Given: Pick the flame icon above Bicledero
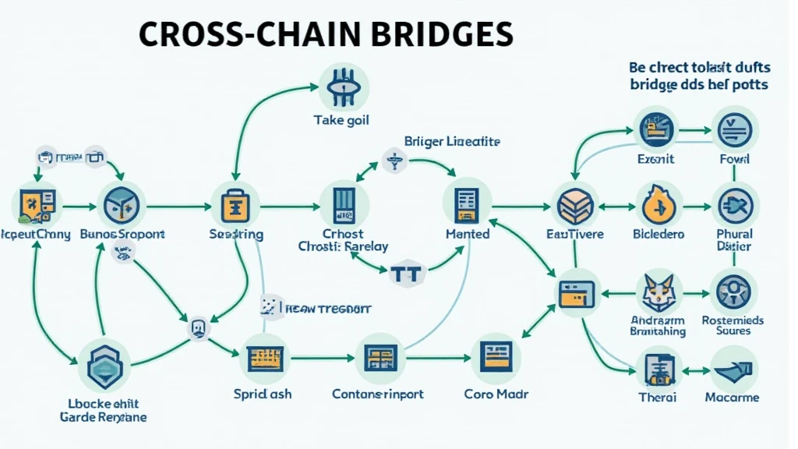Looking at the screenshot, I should click(x=658, y=206).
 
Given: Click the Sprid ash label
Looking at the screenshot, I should click(x=263, y=394).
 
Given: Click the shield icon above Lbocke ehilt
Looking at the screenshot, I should click(x=102, y=366).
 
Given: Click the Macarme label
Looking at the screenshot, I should click(x=732, y=398).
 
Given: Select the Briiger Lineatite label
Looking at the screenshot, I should click(x=452, y=142).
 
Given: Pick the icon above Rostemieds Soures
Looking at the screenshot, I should click(x=734, y=290).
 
